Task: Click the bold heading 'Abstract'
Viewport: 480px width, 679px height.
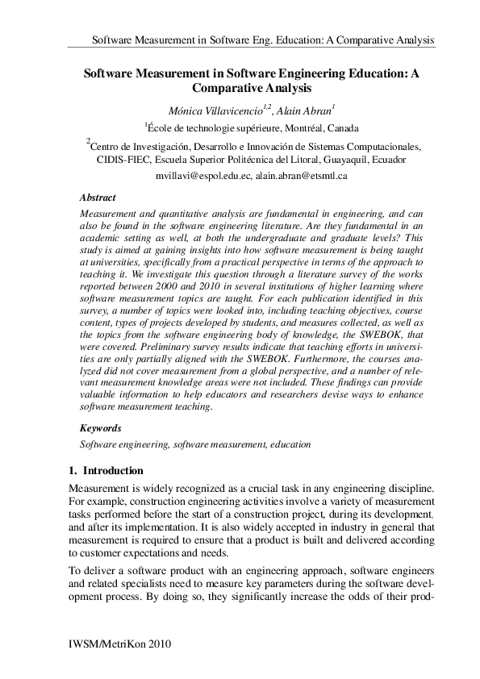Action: [98, 198]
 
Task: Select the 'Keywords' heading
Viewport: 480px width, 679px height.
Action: [101, 429]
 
